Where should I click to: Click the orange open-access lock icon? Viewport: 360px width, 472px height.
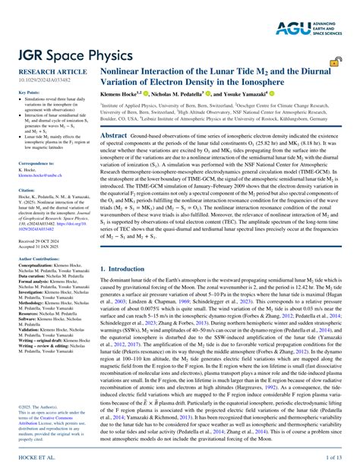click(x=334, y=63)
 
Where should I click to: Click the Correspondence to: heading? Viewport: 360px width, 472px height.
click(x=36, y=163)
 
